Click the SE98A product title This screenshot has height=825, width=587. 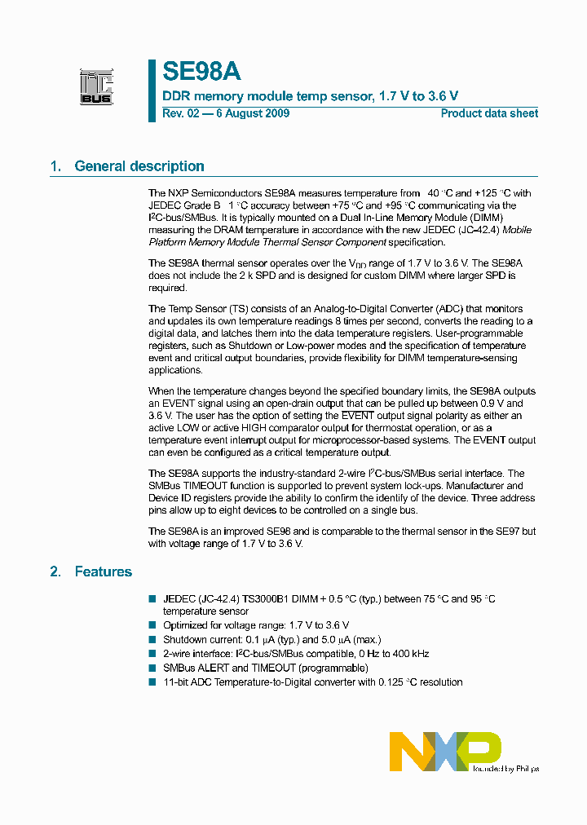pyautogui.click(x=201, y=72)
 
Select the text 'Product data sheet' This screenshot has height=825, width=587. pyautogui.click(x=489, y=113)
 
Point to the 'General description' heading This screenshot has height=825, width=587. pyautogui.click(x=139, y=166)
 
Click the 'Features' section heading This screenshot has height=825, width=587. pyautogui.click(x=103, y=571)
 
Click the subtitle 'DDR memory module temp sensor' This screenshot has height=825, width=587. pyautogui.click(x=267, y=96)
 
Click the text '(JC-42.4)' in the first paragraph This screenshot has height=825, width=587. pyautogui.click(x=473, y=230)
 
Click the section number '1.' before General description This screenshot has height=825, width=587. pyautogui.click(x=55, y=166)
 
